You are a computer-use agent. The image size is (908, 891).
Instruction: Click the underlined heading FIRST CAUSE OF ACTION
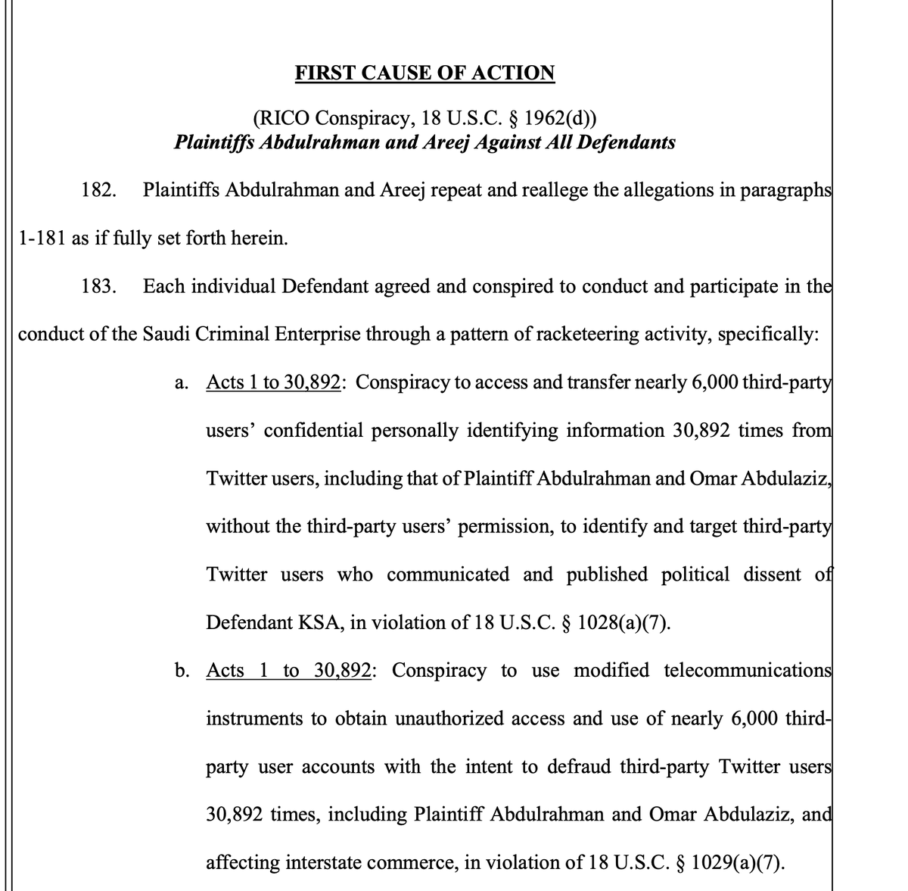click(x=424, y=73)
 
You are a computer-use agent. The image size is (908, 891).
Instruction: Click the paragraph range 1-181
click(x=42, y=238)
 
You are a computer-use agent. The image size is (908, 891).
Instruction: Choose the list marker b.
click(x=181, y=670)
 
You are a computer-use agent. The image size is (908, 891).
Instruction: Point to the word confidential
click(x=312, y=430)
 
